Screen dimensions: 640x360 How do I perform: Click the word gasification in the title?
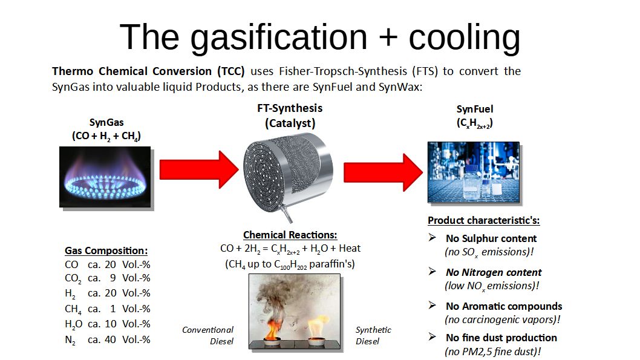click(x=279, y=38)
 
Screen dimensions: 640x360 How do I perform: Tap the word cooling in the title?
click(x=465, y=38)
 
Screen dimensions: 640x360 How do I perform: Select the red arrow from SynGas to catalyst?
click(x=199, y=169)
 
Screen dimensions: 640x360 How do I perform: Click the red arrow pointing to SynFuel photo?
click(x=383, y=172)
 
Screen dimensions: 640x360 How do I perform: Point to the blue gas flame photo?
click(x=105, y=177)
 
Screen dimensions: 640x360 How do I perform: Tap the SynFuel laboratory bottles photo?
click(x=474, y=172)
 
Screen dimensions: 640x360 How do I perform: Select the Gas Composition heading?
click(x=106, y=250)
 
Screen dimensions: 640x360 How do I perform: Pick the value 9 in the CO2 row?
click(x=113, y=278)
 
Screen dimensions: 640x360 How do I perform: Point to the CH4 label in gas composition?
click(x=73, y=309)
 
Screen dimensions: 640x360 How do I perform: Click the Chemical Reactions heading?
click(x=290, y=235)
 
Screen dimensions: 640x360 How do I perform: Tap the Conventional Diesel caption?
click(x=207, y=336)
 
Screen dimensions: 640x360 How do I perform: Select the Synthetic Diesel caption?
click(x=373, y=336)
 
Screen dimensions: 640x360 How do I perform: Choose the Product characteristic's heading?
click(x=484, y=220)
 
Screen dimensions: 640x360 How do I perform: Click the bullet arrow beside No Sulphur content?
click(x=433, y=237)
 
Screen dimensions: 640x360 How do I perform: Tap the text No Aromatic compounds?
click(x=504, y=306)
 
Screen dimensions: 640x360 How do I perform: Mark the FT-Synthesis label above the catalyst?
click(x=290, y=108)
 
